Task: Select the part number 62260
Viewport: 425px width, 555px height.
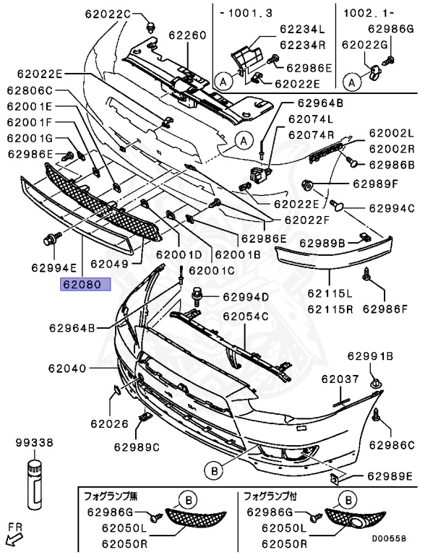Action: [188, 35]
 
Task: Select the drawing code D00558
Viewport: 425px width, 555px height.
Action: [393, 539]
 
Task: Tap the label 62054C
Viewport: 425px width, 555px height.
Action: [245, 317]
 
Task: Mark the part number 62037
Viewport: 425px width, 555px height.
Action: [340, 379]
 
